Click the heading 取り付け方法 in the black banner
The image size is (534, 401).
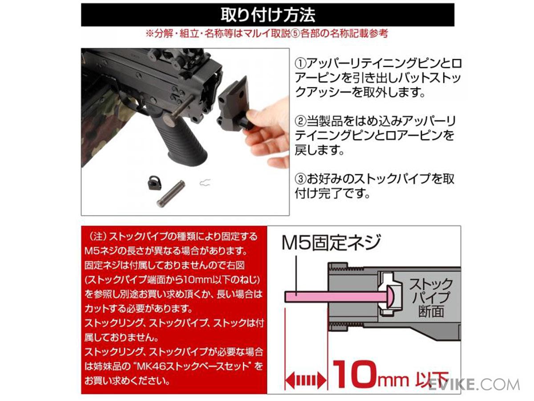click(x=267, y=15)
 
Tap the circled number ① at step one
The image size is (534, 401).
click(x=300, y=64)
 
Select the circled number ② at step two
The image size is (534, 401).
click(x=300, y=121)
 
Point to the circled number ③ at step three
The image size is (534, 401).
click(x=300, y=179)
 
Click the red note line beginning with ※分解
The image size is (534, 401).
click(x=267, y=33)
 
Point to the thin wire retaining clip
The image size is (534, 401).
click(x=205, y=182)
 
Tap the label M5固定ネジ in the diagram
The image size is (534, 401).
click(x=331, y=242)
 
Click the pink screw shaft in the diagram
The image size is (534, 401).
click(x=336, y=297)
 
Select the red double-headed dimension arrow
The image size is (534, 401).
click(x=306, y=381)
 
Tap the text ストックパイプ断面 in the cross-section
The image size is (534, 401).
click(x=431, y=298)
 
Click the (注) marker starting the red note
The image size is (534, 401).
click(x=97, y=237)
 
